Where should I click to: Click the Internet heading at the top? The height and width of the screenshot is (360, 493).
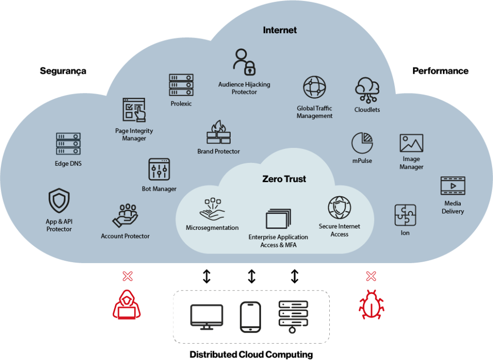(280, 30)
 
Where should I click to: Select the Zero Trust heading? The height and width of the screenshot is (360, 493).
(284, 179)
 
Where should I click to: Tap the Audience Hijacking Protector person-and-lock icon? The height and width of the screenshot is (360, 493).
(245, 62)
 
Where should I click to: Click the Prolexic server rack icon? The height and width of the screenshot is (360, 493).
(181, 85)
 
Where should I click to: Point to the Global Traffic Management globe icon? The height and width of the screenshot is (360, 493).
(314, 88)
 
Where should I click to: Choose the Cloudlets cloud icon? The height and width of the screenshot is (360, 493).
(367, 90)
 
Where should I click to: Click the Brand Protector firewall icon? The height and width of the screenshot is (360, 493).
(219, 133)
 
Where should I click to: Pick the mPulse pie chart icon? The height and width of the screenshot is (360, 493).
(362, 143)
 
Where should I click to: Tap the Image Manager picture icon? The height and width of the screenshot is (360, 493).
(411, 143)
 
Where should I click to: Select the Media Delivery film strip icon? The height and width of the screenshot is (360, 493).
(453, 186)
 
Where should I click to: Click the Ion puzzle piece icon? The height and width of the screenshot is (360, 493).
(405, 215)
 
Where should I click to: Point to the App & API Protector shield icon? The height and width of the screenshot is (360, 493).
(59, 200)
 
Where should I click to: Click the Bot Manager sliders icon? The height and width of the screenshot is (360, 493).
(159, 170)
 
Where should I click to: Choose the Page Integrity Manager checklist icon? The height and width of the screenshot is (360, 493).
(134, 110)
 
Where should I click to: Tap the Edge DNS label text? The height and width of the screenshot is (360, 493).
(68, 163)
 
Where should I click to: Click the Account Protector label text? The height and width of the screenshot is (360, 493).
(125, 236)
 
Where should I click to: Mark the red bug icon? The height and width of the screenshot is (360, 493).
(371, 304)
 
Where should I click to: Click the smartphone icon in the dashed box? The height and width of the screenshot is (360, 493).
(250, 317)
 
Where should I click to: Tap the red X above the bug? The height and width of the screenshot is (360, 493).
(371, 276)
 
